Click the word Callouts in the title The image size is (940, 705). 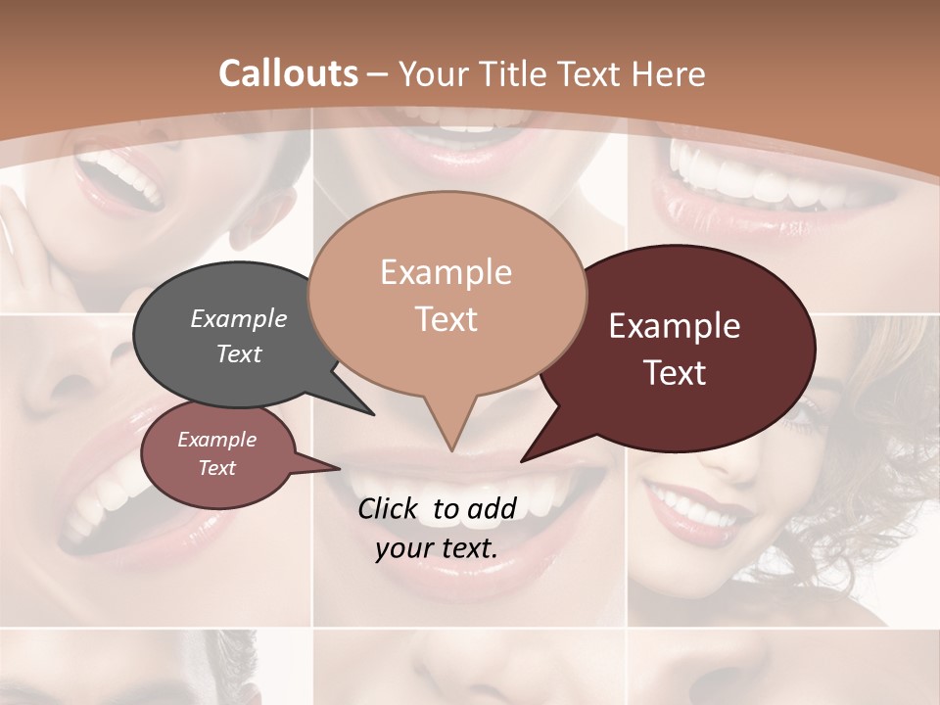pyautogui.click(x=288, y=73)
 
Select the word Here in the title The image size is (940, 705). pyautogui.click(x=669, y=73)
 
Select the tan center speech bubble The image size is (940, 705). pyautogui.click(x=446, y=295)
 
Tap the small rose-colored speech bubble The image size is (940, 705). pyautogui.click(x=217, y=454)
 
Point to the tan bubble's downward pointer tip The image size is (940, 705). pyautogui.click(x=451, y=449)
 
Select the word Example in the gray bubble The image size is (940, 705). pyautogui.click(x=238, y=319)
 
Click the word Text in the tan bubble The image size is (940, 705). pyautogui.click(x=446, y=319)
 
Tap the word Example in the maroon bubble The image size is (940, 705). pyautogui.click(x=675, y=326)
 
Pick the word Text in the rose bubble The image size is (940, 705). pyautogui.click(x=217, y=468)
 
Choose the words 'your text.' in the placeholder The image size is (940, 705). pyautogui.click(x=437, y=547)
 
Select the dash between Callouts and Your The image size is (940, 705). pyautogui.click(x=378, y=74)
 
